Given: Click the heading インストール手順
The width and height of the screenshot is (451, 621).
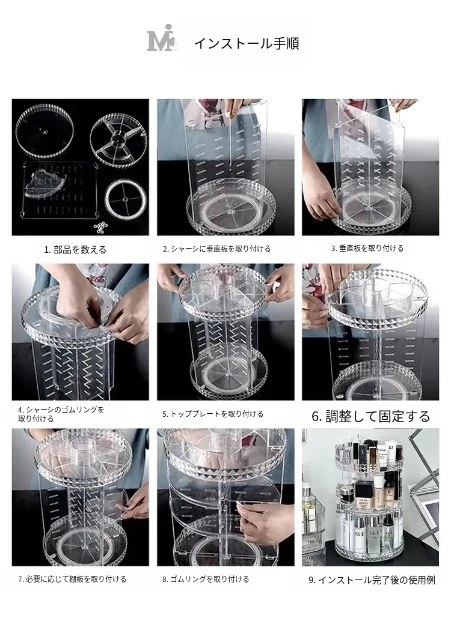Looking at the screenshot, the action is [x=247, y=43].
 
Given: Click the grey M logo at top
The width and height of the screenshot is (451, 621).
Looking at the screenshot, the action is [x=161, y=38].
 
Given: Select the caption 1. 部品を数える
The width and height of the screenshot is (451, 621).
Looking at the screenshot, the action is [x=75, y=250].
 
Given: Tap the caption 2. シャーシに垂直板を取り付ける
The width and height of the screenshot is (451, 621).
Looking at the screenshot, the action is [x=216, y=249].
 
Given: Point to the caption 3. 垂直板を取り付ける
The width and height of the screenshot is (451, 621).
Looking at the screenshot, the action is [x=367, y=248].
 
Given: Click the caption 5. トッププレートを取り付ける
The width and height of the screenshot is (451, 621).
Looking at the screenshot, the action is [x=213, y=414].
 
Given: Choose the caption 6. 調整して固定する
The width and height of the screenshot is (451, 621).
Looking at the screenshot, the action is [x=370, y=416].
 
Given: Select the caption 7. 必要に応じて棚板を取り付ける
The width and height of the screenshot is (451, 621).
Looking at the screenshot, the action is [x=72, y=579].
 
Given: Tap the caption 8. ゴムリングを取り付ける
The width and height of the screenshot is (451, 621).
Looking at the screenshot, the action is [x=206, y=579].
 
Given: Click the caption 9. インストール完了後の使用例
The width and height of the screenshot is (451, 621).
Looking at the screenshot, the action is [x=372, y=580].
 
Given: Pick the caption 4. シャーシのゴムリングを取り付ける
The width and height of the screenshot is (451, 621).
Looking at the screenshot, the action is [x=61, y=414].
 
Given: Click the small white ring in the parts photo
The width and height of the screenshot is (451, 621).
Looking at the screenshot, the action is [x=123, y=199].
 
